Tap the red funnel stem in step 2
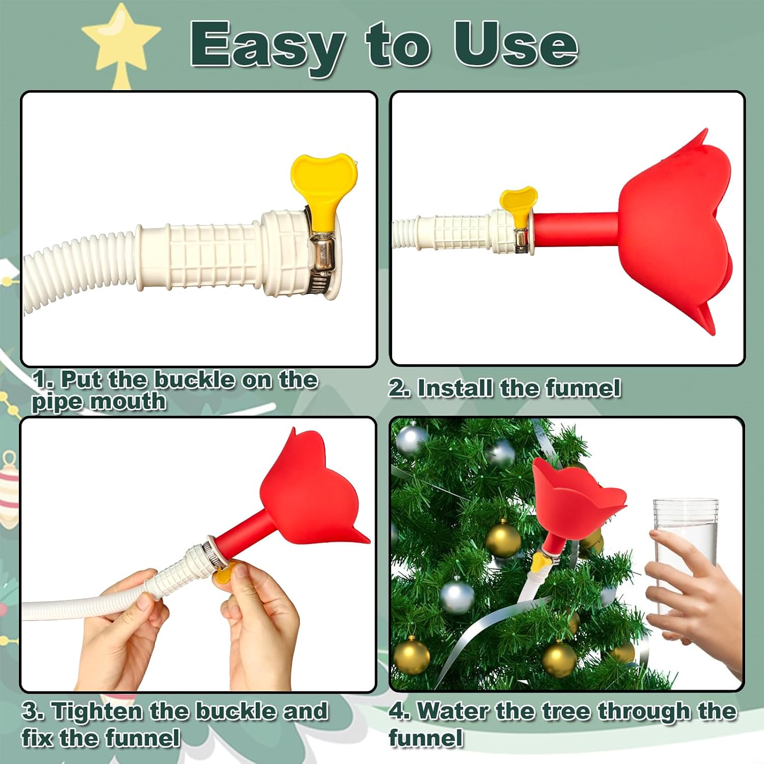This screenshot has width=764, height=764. [x=576, y=229]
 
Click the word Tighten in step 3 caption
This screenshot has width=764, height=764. [x=97, y=711]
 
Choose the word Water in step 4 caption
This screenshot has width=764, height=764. [x=452, y=711]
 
